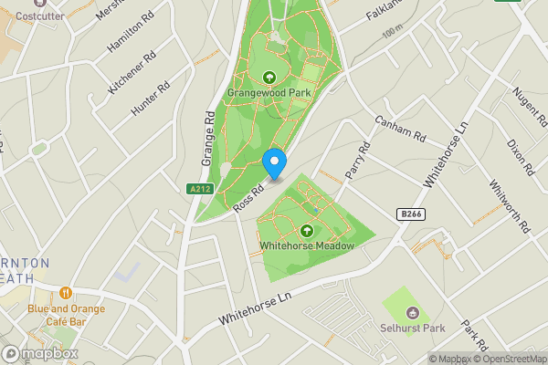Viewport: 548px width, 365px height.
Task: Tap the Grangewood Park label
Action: pos(269,92)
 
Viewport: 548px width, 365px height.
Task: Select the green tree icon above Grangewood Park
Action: pos(269,77)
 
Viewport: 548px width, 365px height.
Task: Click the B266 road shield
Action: pos(411,214)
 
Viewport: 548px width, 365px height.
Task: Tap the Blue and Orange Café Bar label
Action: pos(66,315)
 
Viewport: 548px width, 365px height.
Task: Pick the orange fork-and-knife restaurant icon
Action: pos(66,293)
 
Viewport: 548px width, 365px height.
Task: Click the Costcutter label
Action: pos(33,16)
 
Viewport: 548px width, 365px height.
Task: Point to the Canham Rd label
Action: pos(401,130)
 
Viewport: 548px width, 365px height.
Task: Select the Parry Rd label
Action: pos(356,160)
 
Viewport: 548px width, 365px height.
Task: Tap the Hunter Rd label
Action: pos(151,99)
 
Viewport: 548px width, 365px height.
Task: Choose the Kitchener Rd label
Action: pos(127,75)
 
